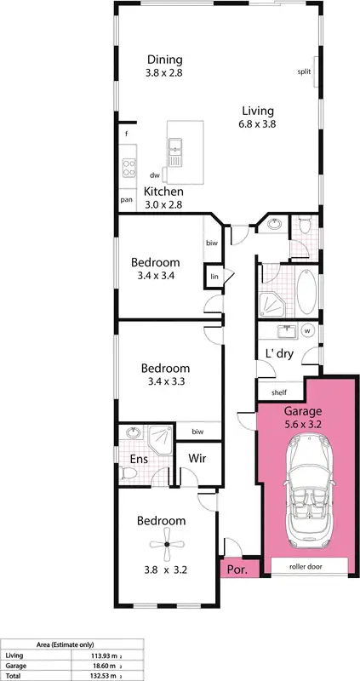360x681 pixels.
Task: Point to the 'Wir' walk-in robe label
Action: pyautogui.click(x=197, y=459)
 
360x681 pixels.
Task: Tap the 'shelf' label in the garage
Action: pyautogui.click(x=279, y=392)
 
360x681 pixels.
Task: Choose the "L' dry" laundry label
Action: pyautogui.click(x=280, y=353)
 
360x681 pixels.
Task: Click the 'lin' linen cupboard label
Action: pyautogui.click(x=214, y=277)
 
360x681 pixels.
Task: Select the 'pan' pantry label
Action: pyautogui.click(x=126, y=200)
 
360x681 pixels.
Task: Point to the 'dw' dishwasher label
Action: pyautogui.click(x=155, y=175)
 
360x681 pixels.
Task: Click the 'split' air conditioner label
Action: pyautogui.click(x=304, y=72)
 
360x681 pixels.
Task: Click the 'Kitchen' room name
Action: pyautogui.click(x=163, y=192)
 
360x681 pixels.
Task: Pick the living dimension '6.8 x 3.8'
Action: pyautogui.click(x=257, y=124)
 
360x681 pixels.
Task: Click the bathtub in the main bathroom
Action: pyautogui.click(x=306, y=290)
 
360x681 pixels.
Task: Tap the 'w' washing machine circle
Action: pyautogui.click(x=307, y=332)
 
